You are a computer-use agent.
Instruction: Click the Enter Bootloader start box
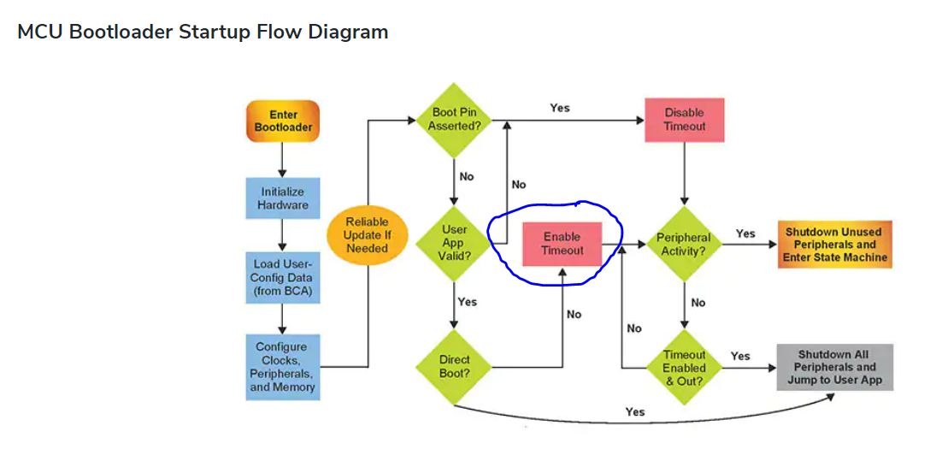[283, 121]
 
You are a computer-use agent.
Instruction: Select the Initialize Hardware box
[283, 198]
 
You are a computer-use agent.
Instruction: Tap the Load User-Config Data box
[283, 277]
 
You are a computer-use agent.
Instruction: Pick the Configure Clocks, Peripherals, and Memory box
[283, 367]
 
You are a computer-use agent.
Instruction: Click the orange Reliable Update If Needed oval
[367, 235]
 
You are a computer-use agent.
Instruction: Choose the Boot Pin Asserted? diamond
[455, 119]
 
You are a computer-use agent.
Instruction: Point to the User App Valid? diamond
[455, 242]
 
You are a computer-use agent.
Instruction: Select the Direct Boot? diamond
[455, 367]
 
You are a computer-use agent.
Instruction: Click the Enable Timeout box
[562, 244]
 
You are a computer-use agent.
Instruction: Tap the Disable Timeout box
[684, 120]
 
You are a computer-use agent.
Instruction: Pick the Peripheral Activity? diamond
[684, 244]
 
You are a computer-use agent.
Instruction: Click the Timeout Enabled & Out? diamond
[684, 367]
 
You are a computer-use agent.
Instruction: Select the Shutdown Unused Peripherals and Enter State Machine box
[834, 245]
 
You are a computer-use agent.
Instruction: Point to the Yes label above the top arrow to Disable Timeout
[560, 108]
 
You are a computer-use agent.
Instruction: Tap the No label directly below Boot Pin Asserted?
[466, 176]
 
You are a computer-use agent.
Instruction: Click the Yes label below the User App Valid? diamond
[468, 302]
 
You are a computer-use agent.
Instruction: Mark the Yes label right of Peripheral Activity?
[745, 233]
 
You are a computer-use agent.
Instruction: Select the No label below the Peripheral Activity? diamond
[698, 303]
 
